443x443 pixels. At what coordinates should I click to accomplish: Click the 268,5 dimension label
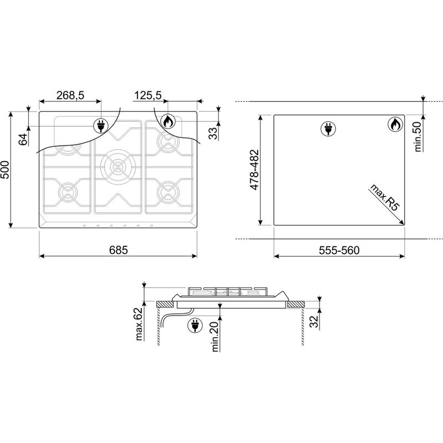click(70, 95)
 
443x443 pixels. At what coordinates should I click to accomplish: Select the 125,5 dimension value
click(147, 95)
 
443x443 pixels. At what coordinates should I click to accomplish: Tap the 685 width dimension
click(119, 250)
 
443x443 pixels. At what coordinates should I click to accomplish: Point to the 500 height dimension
click(6, 170)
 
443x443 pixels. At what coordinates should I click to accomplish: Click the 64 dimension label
click(23, 139)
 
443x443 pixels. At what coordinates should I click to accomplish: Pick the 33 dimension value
click(214, 133)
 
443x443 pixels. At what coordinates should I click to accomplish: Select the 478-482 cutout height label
click(254, 169)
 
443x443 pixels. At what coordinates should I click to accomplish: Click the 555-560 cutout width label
click(339, 250)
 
